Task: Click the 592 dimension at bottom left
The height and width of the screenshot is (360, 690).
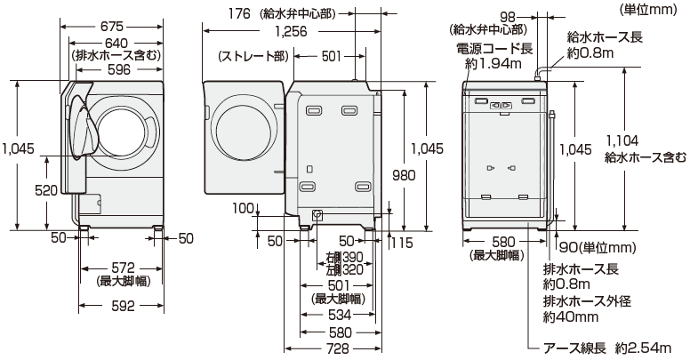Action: click(x=123, y=306)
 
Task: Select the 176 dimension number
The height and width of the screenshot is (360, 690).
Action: click(x=216, y=13)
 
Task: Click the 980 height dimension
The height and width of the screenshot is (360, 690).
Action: click(x=404, y=176)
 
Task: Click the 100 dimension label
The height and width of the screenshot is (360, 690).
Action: click(x=240, y=208)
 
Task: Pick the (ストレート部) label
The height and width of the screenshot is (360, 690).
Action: click(x=253, y=57)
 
